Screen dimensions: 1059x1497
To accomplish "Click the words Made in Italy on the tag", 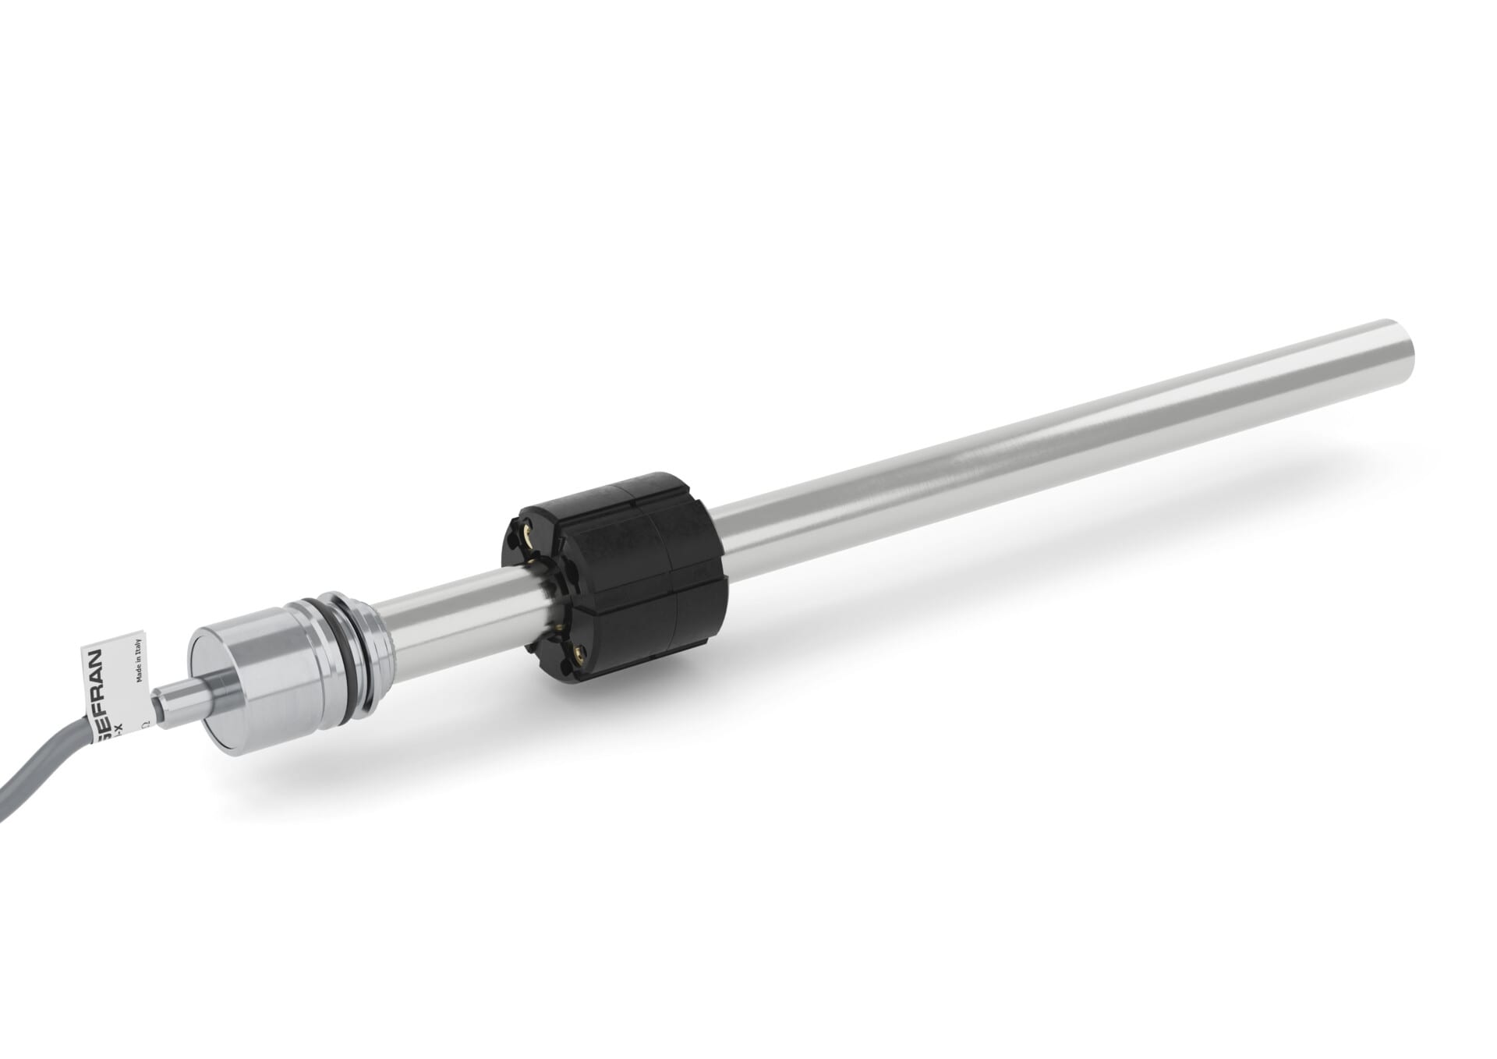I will [139, 661].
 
